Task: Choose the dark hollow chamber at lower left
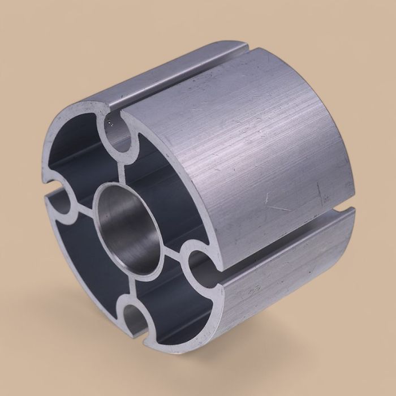(85, 260)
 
